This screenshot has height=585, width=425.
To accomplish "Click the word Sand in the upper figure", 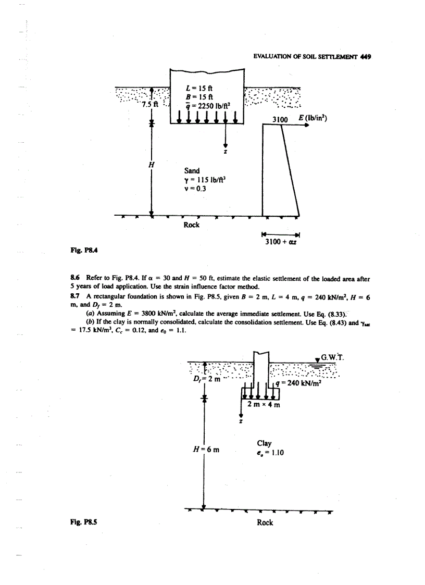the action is point(193,170).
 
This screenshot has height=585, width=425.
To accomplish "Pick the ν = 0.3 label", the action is point(195,189).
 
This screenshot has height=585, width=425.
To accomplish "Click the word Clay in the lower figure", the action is point(265,443).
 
